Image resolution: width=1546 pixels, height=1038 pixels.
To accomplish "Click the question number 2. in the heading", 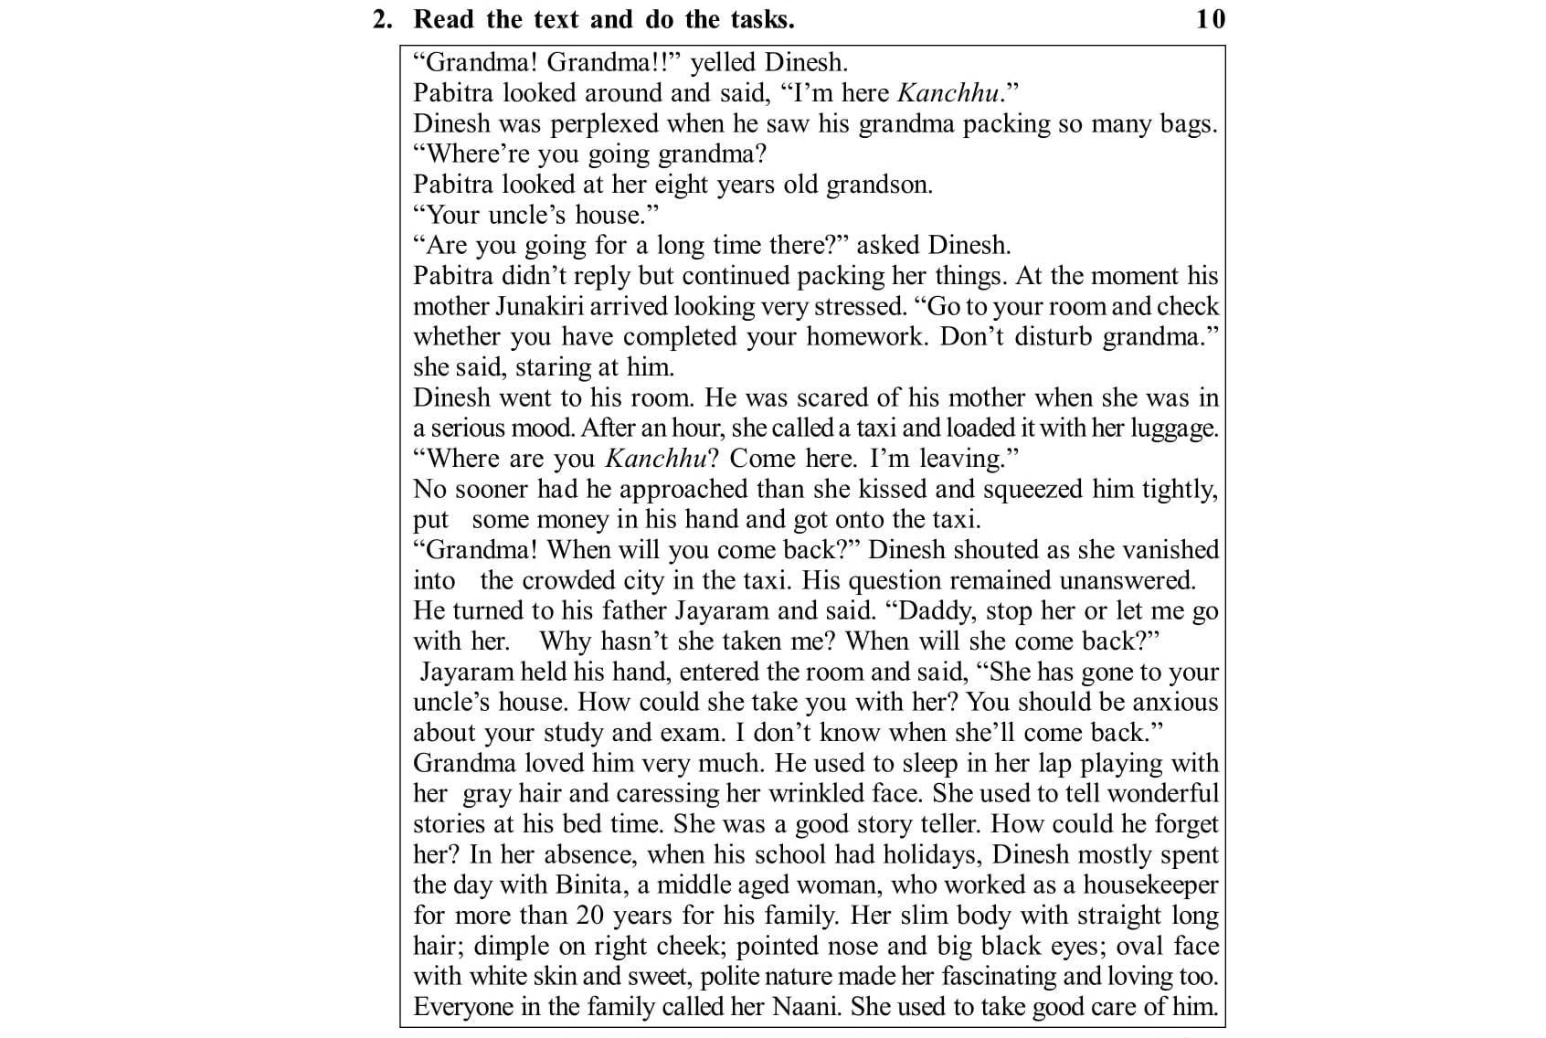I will (383, 18).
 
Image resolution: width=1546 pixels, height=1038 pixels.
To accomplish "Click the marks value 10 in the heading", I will (1211, 18).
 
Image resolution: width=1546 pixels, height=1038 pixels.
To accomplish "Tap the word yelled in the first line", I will (723, 62).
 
